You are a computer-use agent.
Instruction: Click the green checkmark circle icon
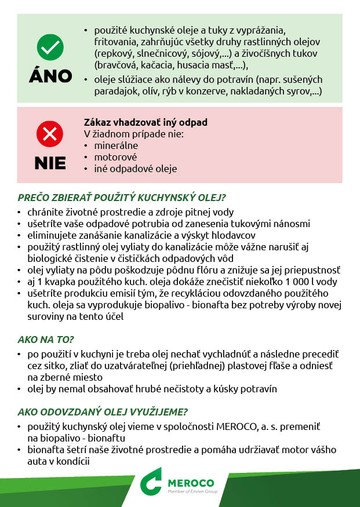(50, 46)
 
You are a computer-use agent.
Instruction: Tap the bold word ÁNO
(50, 76)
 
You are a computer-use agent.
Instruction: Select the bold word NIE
(50, 163)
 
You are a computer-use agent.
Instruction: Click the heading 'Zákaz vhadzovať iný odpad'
(146, 123)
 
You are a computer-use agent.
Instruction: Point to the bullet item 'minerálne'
(112, 145)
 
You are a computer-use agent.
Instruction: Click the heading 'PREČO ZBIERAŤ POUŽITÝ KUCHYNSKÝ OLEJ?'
(122, 198)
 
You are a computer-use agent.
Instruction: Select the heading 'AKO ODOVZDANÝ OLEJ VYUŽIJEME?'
(103, 412)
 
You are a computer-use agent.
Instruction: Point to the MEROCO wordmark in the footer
(191, 483)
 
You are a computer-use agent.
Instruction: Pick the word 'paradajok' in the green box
(114, 92)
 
